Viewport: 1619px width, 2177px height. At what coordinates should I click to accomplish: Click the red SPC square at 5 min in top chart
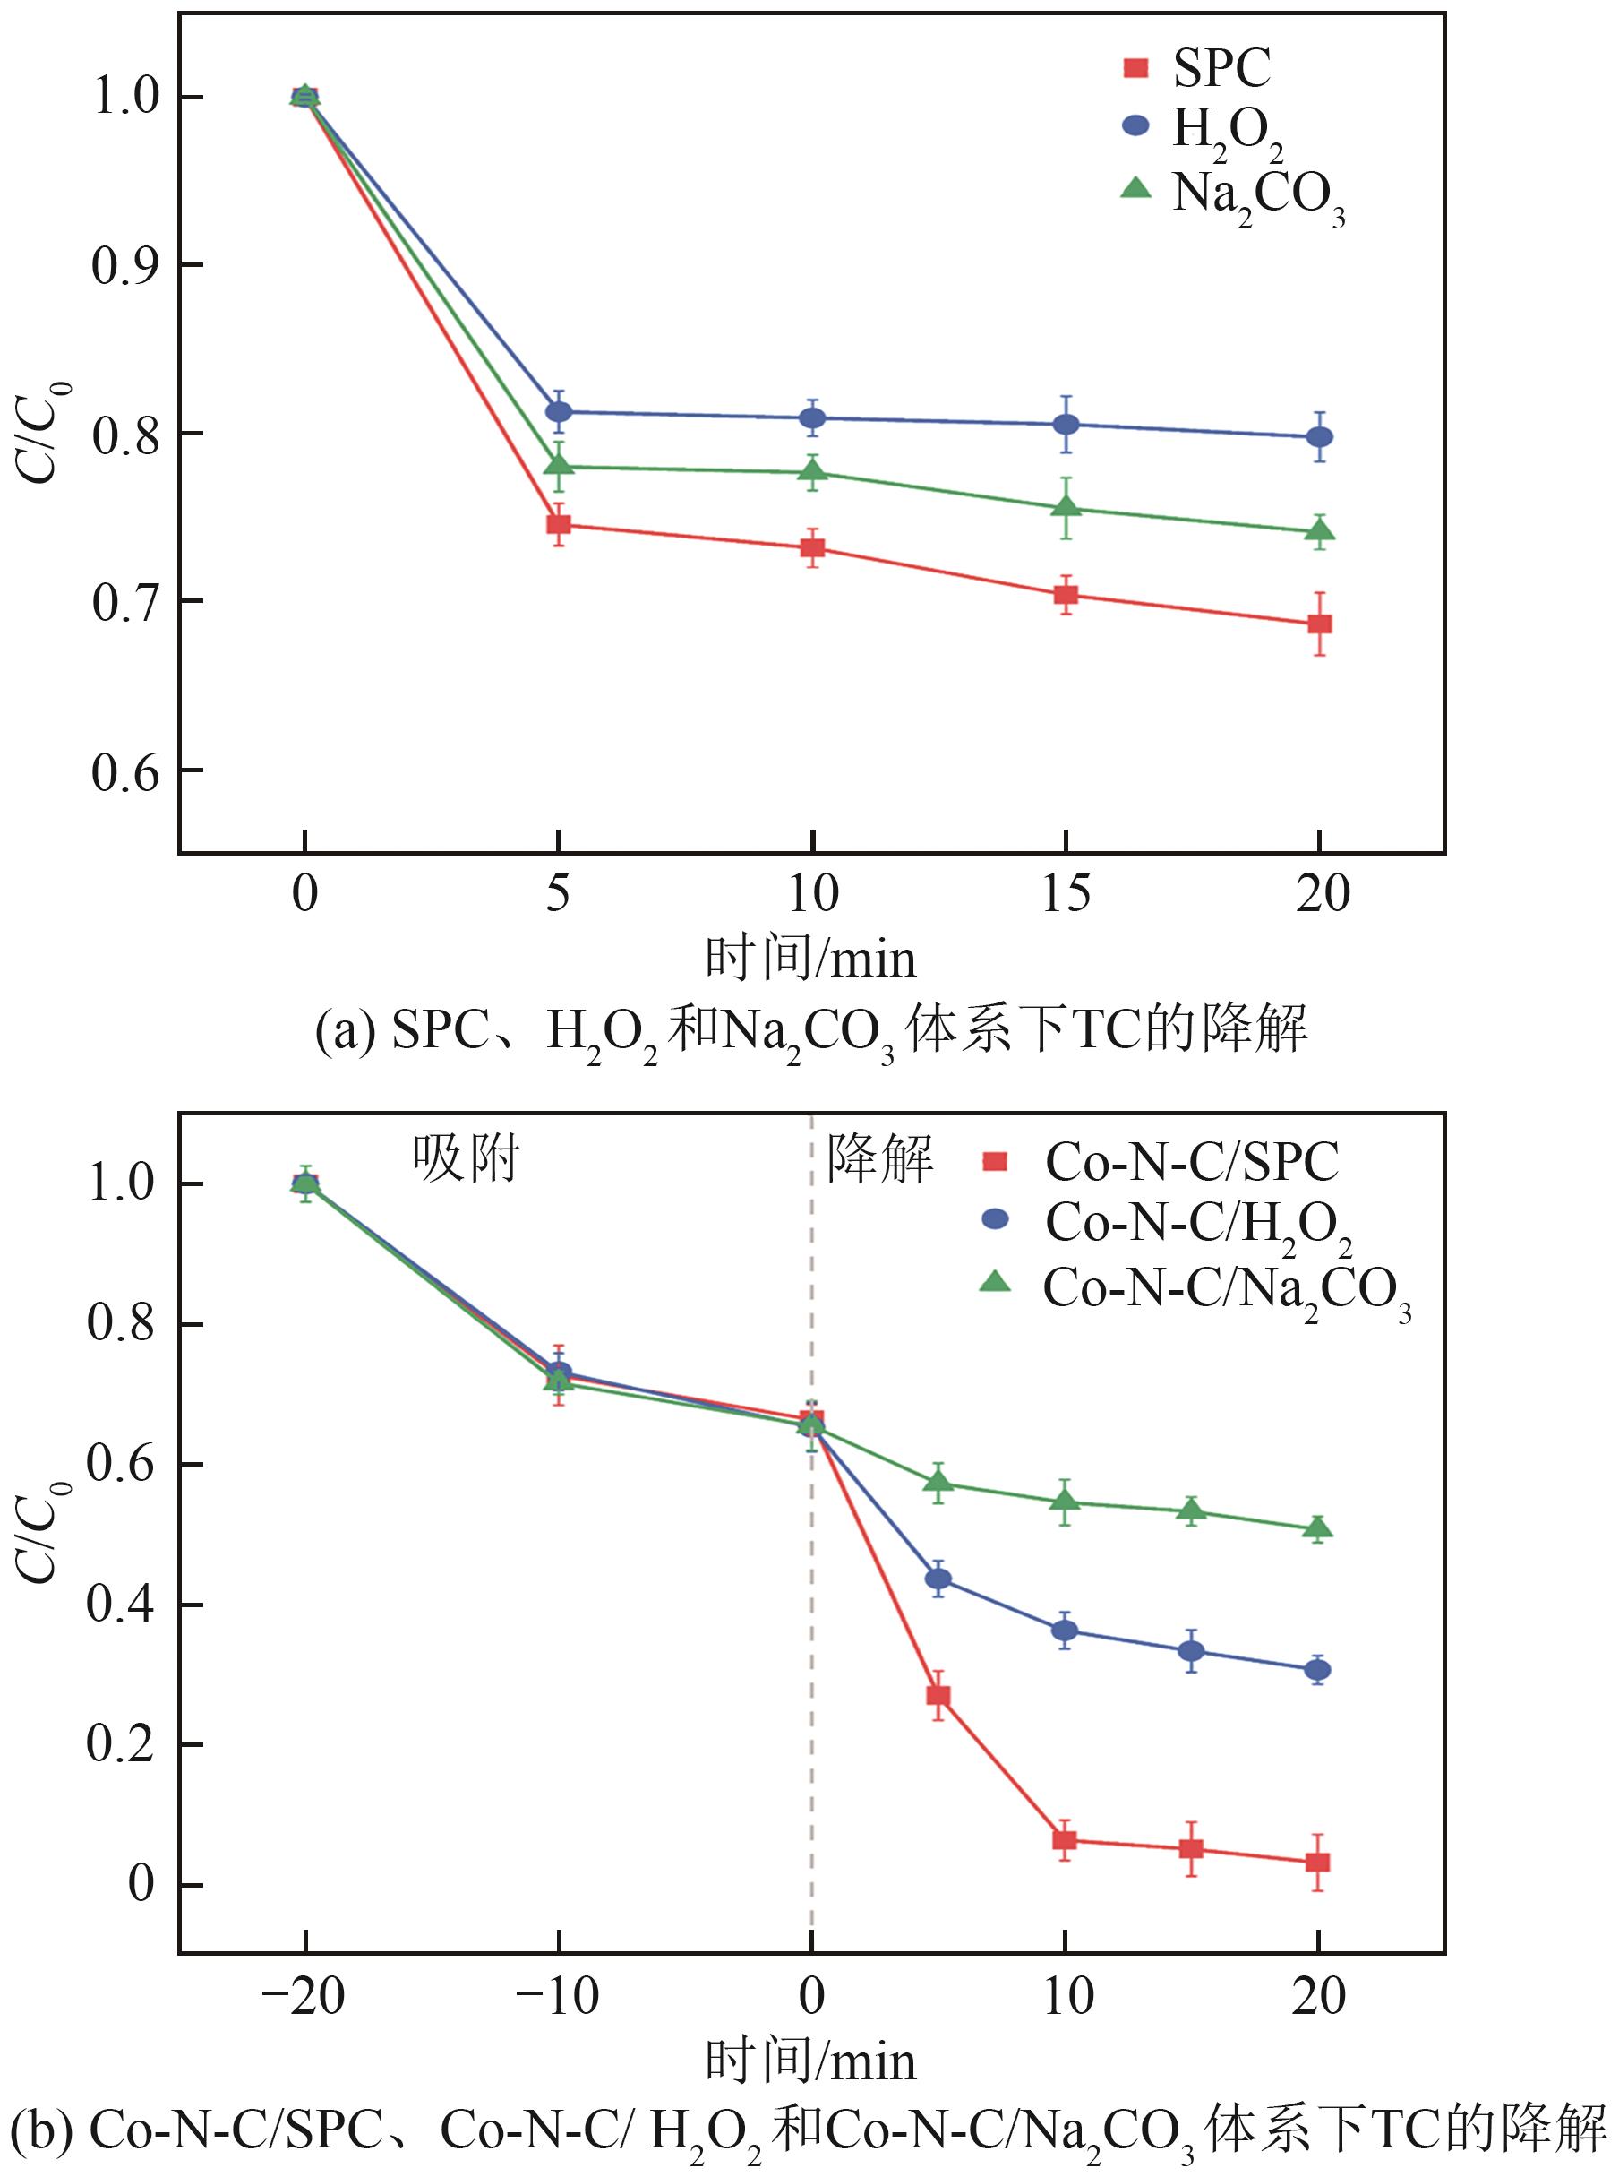[559, 524]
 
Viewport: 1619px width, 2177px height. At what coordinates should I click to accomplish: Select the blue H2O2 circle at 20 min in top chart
[1320, 436]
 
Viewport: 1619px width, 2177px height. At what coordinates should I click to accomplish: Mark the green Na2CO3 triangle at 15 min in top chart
[1066, 508]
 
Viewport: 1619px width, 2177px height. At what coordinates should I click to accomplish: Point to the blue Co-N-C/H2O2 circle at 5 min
[938, 1579]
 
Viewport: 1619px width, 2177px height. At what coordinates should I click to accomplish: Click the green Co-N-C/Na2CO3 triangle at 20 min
[1318, 1527]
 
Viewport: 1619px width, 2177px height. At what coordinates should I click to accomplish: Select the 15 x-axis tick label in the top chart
[1066, 893]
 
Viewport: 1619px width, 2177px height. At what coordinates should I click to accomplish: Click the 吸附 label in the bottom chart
[466, 1159]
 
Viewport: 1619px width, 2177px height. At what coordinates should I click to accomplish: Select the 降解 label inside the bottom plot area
[880, 1159]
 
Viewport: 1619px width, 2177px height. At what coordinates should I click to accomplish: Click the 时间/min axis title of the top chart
[810, 959]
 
